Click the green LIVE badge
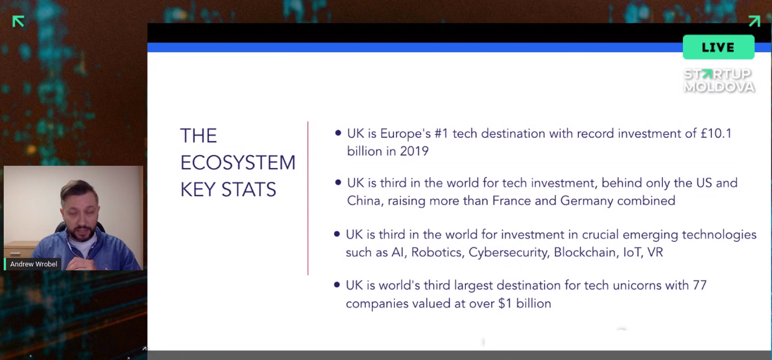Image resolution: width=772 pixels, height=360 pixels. coord(719,47)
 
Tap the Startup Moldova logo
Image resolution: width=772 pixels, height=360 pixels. coord(719,80)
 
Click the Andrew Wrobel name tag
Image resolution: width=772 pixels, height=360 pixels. coord(33,264)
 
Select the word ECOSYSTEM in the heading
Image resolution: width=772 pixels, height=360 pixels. coord(238,162)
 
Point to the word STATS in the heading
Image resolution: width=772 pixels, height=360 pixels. coord(249,189)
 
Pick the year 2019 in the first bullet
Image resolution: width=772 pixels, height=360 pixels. coord(414,151)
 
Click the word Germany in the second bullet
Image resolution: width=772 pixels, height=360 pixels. coord(587,200)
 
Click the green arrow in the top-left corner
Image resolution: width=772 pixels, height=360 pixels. coord(18,22)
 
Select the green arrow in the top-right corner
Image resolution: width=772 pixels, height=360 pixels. coord(754,21)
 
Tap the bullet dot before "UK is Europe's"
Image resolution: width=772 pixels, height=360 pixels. coord(338,133)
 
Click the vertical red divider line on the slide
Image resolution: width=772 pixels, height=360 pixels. coord(308,198)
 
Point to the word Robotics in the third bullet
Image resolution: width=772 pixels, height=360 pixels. coord(437,252)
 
